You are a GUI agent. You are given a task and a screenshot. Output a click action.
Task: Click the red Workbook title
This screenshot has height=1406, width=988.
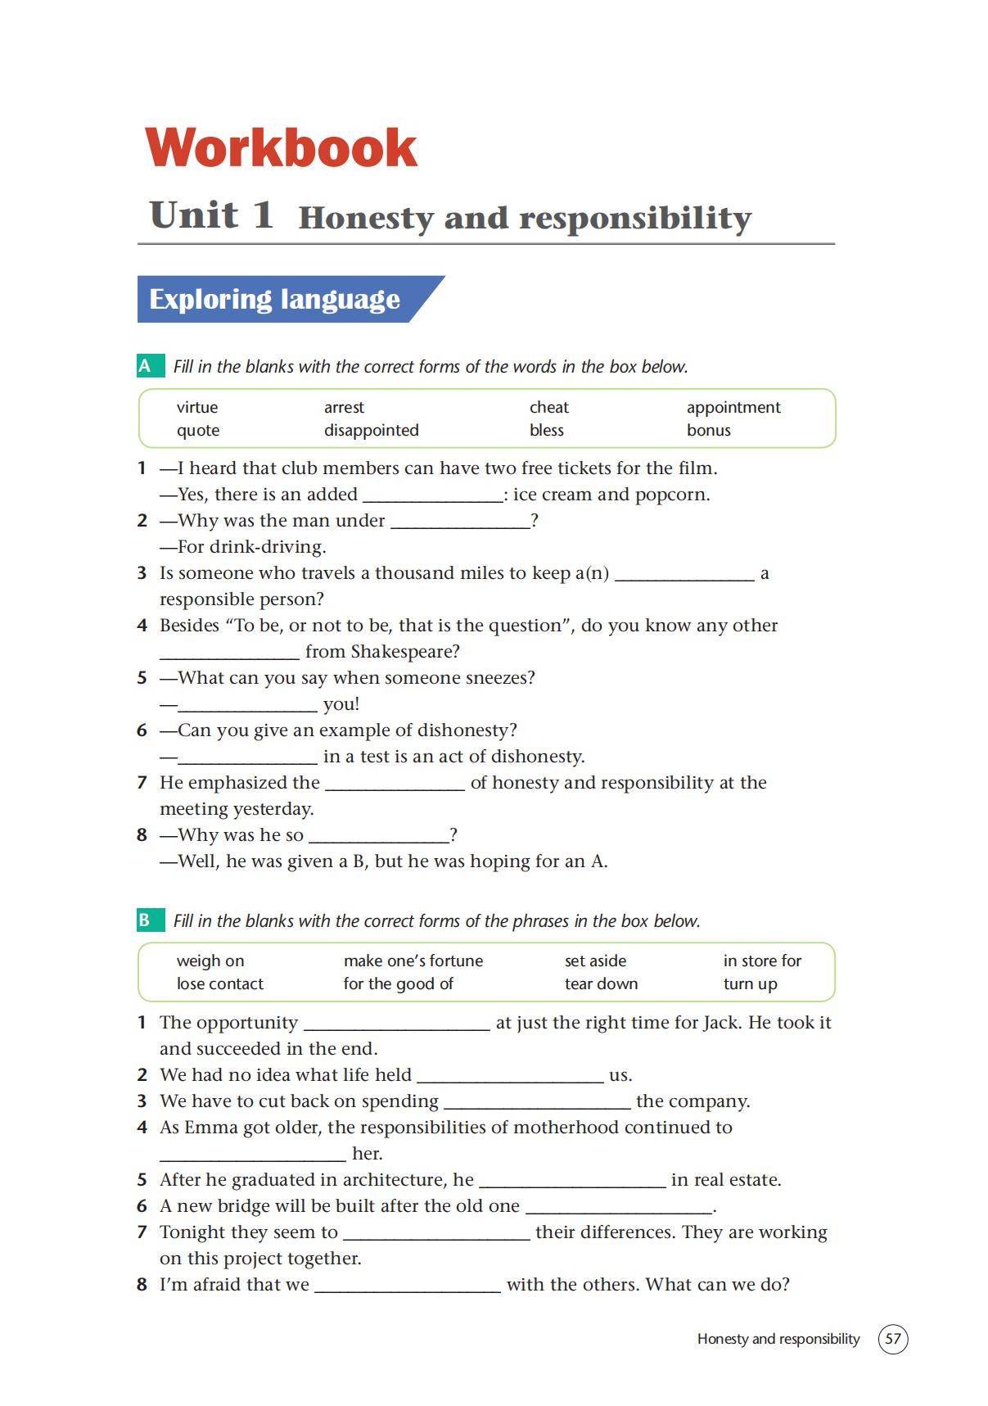[x=281, y=148]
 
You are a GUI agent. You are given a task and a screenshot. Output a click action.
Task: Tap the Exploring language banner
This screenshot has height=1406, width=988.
[x=274, y=299]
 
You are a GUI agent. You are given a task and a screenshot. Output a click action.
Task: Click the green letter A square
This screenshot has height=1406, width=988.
[x=146, y=366]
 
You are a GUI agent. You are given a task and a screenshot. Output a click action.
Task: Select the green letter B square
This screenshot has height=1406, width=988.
[x=145, y=920]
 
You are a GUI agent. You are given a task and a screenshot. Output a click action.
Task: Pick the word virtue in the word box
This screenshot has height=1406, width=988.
[x=197, y=407]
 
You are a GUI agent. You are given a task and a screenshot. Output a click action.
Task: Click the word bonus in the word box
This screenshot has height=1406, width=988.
[x=708, y=430]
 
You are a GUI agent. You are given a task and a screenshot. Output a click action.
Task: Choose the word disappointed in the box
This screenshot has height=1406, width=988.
[x=371, y=430]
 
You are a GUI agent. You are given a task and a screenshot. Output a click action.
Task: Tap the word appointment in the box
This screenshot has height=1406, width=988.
[x=733, y=407]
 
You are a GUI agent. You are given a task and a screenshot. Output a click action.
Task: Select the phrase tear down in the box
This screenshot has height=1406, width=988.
[x=601, y=983]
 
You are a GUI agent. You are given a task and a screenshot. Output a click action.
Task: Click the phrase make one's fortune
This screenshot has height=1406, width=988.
[x=413, y=961]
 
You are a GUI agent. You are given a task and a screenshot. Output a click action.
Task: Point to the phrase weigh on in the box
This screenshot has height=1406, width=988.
[x=210, y=961]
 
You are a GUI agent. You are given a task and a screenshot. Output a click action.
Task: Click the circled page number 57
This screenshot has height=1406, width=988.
[x=892, y=1339]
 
